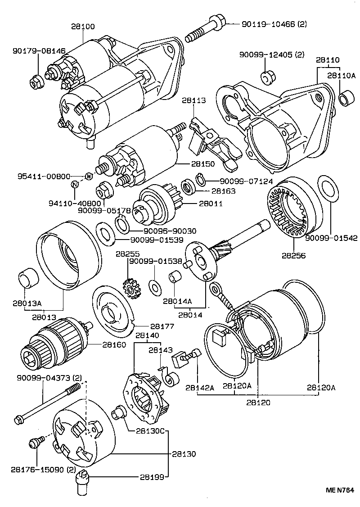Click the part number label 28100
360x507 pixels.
(83, 27)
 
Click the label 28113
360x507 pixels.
(194, 100)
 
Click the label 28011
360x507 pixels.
(209, 204)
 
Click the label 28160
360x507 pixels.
(114, 344)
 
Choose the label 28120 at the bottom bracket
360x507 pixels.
(258, 403)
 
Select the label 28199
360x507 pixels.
(151, 476)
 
